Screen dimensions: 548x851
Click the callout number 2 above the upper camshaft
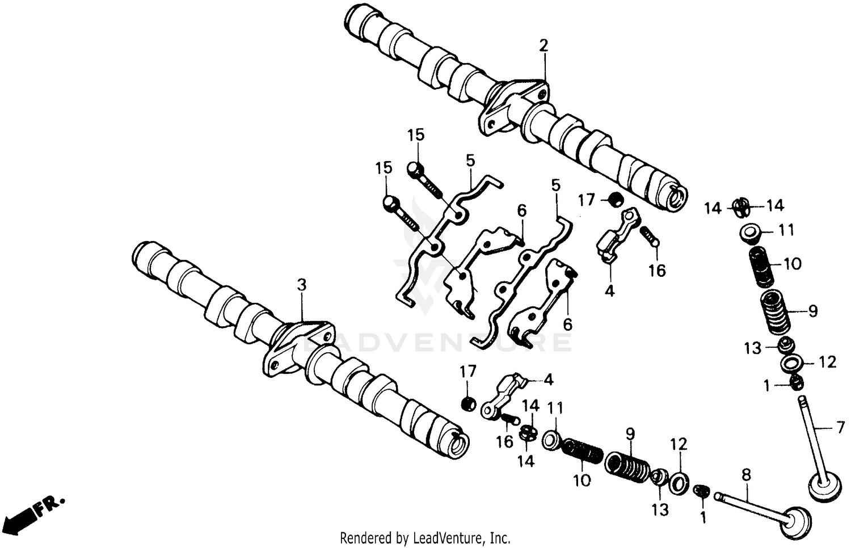point(544,45)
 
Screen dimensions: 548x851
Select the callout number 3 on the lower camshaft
point(302,285)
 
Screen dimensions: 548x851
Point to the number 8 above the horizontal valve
point(746,475)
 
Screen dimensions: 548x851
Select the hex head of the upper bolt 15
point(415,168)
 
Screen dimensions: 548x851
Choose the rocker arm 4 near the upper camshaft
point(618,235)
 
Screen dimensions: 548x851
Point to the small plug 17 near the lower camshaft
point(468,404)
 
